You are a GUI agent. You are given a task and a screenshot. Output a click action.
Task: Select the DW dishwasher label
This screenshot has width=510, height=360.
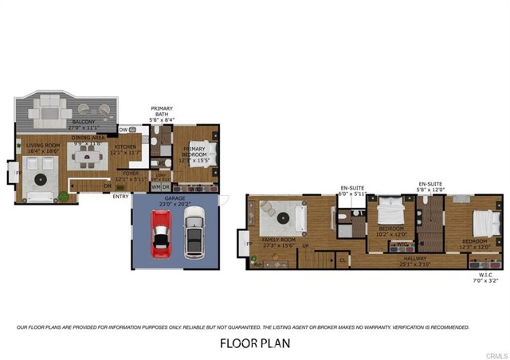[x=124, y=129]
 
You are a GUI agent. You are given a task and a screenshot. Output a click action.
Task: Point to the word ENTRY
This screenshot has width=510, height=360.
[x=121, y=196]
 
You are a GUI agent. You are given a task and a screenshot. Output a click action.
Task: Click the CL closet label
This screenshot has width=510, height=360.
[x=343, y=259]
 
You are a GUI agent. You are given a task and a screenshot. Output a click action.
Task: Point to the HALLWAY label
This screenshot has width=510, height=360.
[x=416, y=258]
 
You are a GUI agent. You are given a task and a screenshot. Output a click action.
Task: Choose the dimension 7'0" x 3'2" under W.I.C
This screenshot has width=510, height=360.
[x=483, y=281]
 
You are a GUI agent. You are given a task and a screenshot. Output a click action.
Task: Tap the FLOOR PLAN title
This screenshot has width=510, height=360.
[x=255, y=343]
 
